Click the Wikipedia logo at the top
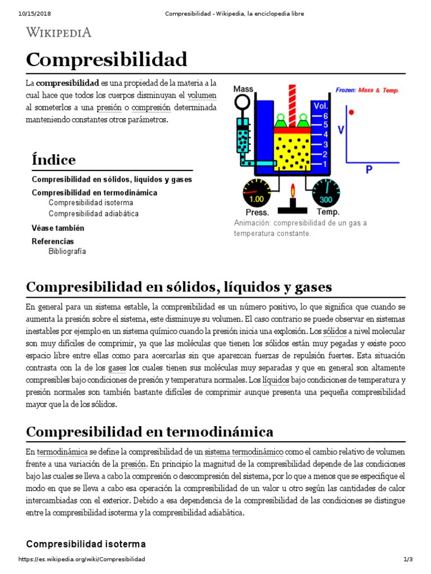pyautogui.click(x=58, y=32)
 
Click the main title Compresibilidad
pyautogui.click(x=107, y=59)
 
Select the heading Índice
pyautogui.click(x=53, y=160)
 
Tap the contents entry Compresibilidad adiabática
pyautogui.click(x=93, y=214)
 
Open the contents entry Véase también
pyautogui.click(x=58, y=228)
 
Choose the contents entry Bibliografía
pyautogui.click(x=67, y=252)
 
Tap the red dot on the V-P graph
pyautogui.click(x=351, y=113)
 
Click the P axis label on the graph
pyautogui.click(x=369, y=168)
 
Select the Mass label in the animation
pyautogui.click(x=243, y=89)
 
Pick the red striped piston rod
pyautogui.click(x=291, y=103)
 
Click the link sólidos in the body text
pyautogui.click(x=334, y=331)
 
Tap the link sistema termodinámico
pyautogui.click(x=244, y=452)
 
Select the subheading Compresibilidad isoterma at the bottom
pyautogui.click(x=86, y=544)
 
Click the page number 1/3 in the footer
pyautogui.click(x=408, y=559)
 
